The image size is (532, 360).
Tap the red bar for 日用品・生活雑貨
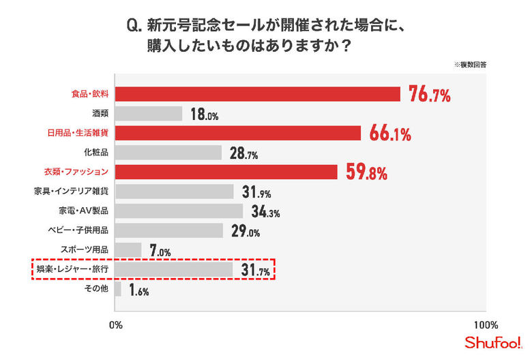click(238, 133)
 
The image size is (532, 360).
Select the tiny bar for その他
click(118, 290)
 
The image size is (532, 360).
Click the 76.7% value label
click(429, 95)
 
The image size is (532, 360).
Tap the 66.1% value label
click(389, 134)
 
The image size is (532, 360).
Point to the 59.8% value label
click(367, 172)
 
